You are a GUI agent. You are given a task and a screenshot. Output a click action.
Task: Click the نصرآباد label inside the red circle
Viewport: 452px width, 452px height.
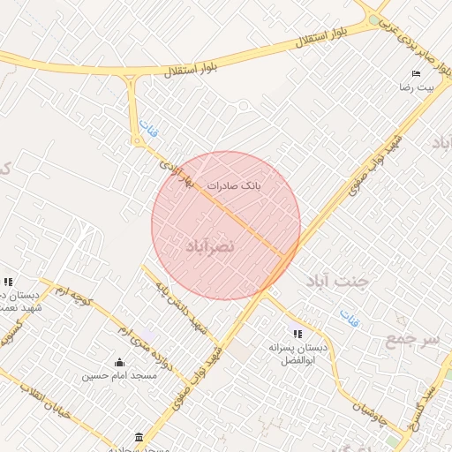tap(209, 245)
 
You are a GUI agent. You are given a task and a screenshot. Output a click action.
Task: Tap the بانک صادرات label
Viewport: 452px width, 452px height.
tap(235, 186)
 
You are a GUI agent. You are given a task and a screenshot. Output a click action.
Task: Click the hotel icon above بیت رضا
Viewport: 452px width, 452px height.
tap(416, 74)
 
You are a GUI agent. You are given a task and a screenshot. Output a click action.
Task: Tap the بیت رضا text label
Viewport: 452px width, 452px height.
tap(414, 89)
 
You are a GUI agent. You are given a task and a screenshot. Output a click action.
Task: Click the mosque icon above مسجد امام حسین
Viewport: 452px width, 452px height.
tap(119, 362)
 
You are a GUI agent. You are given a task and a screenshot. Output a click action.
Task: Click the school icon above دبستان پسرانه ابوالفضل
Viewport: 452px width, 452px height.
tap(298, 334)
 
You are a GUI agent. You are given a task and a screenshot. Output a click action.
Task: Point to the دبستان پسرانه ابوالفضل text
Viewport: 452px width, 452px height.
tap(298, 355)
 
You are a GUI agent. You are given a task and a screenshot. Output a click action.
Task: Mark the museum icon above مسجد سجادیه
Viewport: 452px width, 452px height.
tap(139, 437)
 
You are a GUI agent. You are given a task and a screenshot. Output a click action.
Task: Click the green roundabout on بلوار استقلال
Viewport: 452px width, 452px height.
tap(374, 19)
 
